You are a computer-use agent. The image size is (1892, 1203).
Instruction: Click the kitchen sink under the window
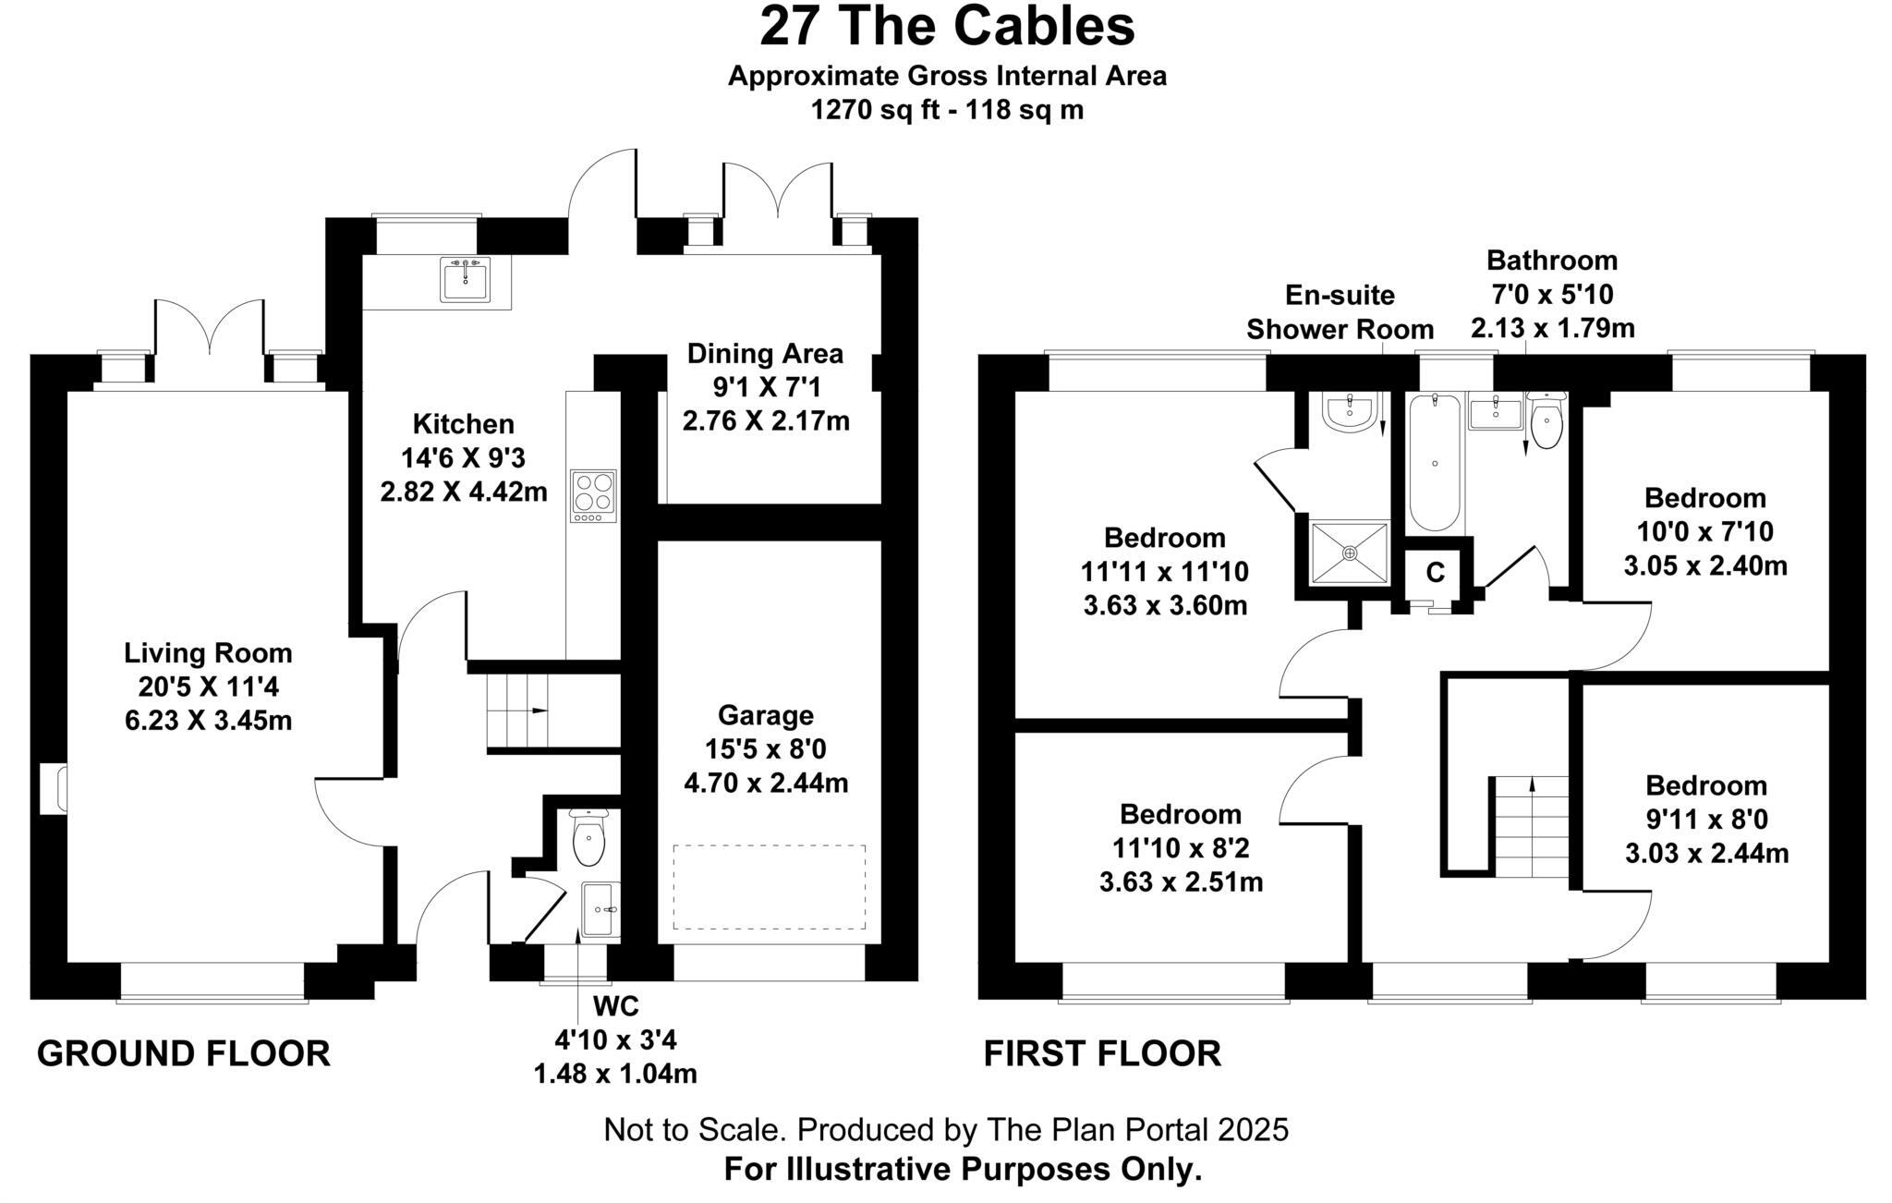coord(466,279)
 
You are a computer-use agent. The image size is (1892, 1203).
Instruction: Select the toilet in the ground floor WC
coord(588,839)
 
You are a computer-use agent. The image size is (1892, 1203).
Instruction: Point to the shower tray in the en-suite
coord(1350,553)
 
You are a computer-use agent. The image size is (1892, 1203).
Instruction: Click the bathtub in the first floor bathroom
coord(1434,463)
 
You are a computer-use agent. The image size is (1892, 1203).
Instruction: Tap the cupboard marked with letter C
coord(1435,573)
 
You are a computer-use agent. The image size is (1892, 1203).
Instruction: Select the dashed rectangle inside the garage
coord(769,886)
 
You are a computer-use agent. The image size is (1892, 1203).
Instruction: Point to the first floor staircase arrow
coord(1532,785)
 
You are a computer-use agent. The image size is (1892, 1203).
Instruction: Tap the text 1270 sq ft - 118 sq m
coord(946,110)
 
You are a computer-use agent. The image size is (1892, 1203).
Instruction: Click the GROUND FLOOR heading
coord(183,1053)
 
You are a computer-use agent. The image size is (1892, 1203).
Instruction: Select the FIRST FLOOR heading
coord(1101,1053)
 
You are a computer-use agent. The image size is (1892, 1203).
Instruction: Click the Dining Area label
coord(765,353)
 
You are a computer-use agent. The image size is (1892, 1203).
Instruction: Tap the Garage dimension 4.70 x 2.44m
coord(765,784)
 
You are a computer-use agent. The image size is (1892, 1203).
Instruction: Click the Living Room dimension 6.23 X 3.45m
coord(208,720)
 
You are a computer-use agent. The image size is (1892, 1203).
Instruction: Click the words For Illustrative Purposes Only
coord(963,1169)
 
